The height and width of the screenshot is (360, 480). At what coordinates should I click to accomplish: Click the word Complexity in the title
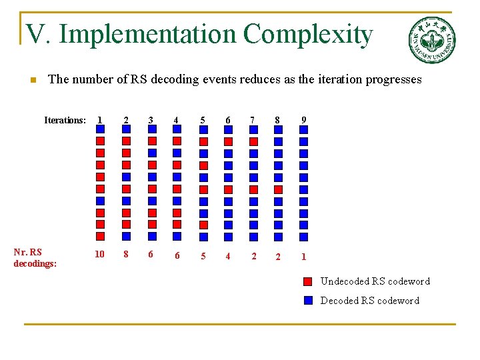click(x=308, y=34)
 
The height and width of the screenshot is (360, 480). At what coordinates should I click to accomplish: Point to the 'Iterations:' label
click(x=65, y=121)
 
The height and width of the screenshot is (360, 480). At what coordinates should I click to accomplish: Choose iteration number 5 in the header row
click(x=203, y=120)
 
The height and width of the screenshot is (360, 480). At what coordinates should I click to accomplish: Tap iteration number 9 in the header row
click(x=303, y=120)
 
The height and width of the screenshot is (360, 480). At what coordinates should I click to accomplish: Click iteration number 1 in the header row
click(x=99, y=120)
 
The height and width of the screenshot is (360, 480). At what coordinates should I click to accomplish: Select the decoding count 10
click(x=99, y=254)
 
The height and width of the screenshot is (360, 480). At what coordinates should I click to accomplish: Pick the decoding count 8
click(x=125, y=254)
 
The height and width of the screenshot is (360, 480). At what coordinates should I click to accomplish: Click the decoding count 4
click(x=227, y=256)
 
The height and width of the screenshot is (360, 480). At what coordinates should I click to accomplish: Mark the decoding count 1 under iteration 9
click(x=303, y=257)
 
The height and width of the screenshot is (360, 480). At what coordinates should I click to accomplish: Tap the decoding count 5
click(x=203, y=256)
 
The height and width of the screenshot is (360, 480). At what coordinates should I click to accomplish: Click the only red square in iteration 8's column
click(x=278, y=189)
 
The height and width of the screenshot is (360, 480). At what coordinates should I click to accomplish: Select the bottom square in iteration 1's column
click(x=100, y=236)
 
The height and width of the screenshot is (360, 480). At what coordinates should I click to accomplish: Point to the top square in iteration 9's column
click(x=303, y=129)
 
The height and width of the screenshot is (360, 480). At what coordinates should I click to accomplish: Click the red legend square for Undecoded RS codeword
click(x=308, y=281)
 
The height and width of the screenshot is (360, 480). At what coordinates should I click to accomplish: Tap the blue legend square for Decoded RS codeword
click(x=308, y=300)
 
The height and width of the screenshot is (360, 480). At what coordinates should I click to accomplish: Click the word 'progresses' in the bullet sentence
click(x=392, y=80)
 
